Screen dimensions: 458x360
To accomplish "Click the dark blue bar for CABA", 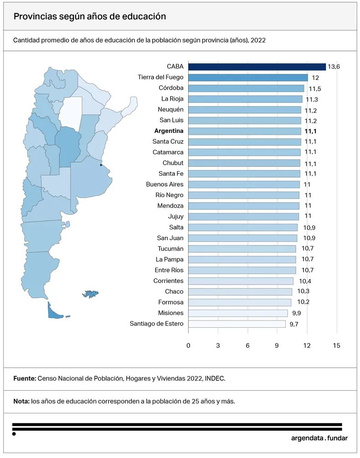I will coord(257,67).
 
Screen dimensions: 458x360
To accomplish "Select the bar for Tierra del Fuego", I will coord(248,78).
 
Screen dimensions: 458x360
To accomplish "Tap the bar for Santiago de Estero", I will coord(237,324).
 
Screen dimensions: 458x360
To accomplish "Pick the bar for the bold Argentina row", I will coord(245,131).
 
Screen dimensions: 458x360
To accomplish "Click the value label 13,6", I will coord(334,67).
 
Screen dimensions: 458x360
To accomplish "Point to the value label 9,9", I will coord(297,313).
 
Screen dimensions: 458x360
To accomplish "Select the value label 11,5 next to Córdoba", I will coord(315,89).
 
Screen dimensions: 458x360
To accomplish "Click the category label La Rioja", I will coord(172,99).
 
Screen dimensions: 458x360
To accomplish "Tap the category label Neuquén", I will coord(170,110).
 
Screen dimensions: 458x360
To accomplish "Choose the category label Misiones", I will coord(171,313).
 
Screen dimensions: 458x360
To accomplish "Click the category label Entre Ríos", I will coord(169,270).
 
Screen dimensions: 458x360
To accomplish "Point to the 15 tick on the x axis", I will coord(337,346).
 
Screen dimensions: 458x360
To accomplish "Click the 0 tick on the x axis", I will coord(188,346).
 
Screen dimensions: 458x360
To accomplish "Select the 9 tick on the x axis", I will coord(278,346).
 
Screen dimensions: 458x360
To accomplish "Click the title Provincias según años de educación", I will coord(89,16).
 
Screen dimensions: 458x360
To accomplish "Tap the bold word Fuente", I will coord(24,378).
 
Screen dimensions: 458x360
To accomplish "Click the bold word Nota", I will coord(21,402).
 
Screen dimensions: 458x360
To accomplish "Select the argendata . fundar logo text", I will coord(319,438).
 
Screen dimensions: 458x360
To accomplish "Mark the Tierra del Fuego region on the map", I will coord(54,313).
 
